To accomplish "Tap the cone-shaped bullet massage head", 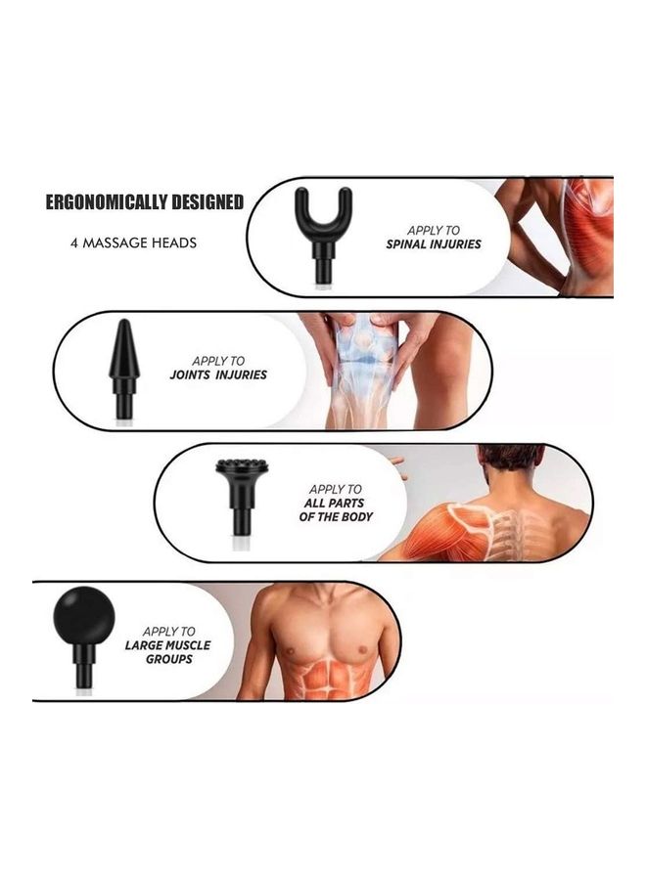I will coord(123,352).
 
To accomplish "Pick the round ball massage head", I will coord(84,614).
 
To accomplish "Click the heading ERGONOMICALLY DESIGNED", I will coord(144,202).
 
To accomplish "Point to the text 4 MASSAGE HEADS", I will coord(133,242).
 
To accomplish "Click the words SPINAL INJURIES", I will coord(433,243).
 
